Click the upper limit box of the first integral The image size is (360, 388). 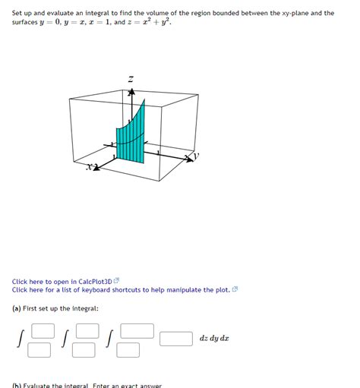click(43, 330)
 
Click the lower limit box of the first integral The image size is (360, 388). click(39, 350)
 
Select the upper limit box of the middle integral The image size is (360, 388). click(87, 330)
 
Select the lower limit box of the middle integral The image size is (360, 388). click(84, 350)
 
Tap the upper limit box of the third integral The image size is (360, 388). click(137, 330)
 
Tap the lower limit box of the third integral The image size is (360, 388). click(129, 350)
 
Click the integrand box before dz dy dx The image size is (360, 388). click(175, 339)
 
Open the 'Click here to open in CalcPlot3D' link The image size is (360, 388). click(62, 281)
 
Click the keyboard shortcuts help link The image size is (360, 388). click(121, 289)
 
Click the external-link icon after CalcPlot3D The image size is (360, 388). click(116, 281)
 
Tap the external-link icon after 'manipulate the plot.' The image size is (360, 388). click(235, 289)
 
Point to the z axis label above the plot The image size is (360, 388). click(131, 78)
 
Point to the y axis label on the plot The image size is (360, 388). click(195, 156)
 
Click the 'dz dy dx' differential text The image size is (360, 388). click(214, 339)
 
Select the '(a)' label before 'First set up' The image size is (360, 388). click(16, 308)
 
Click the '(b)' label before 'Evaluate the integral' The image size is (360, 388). click(16, 385)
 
